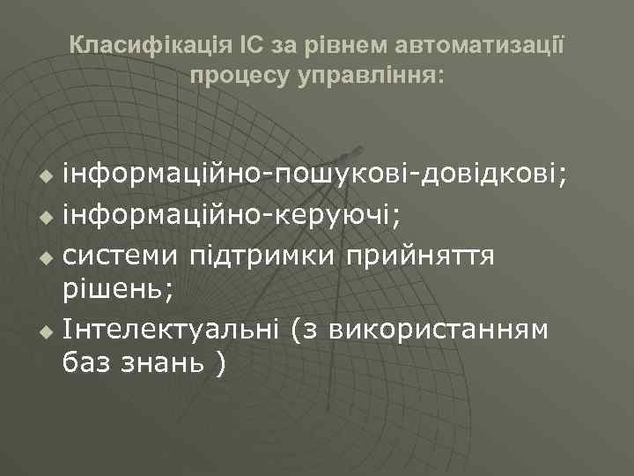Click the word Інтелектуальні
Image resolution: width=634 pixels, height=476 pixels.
tap(170, 330)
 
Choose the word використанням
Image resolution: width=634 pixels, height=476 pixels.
tap(439, 330)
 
